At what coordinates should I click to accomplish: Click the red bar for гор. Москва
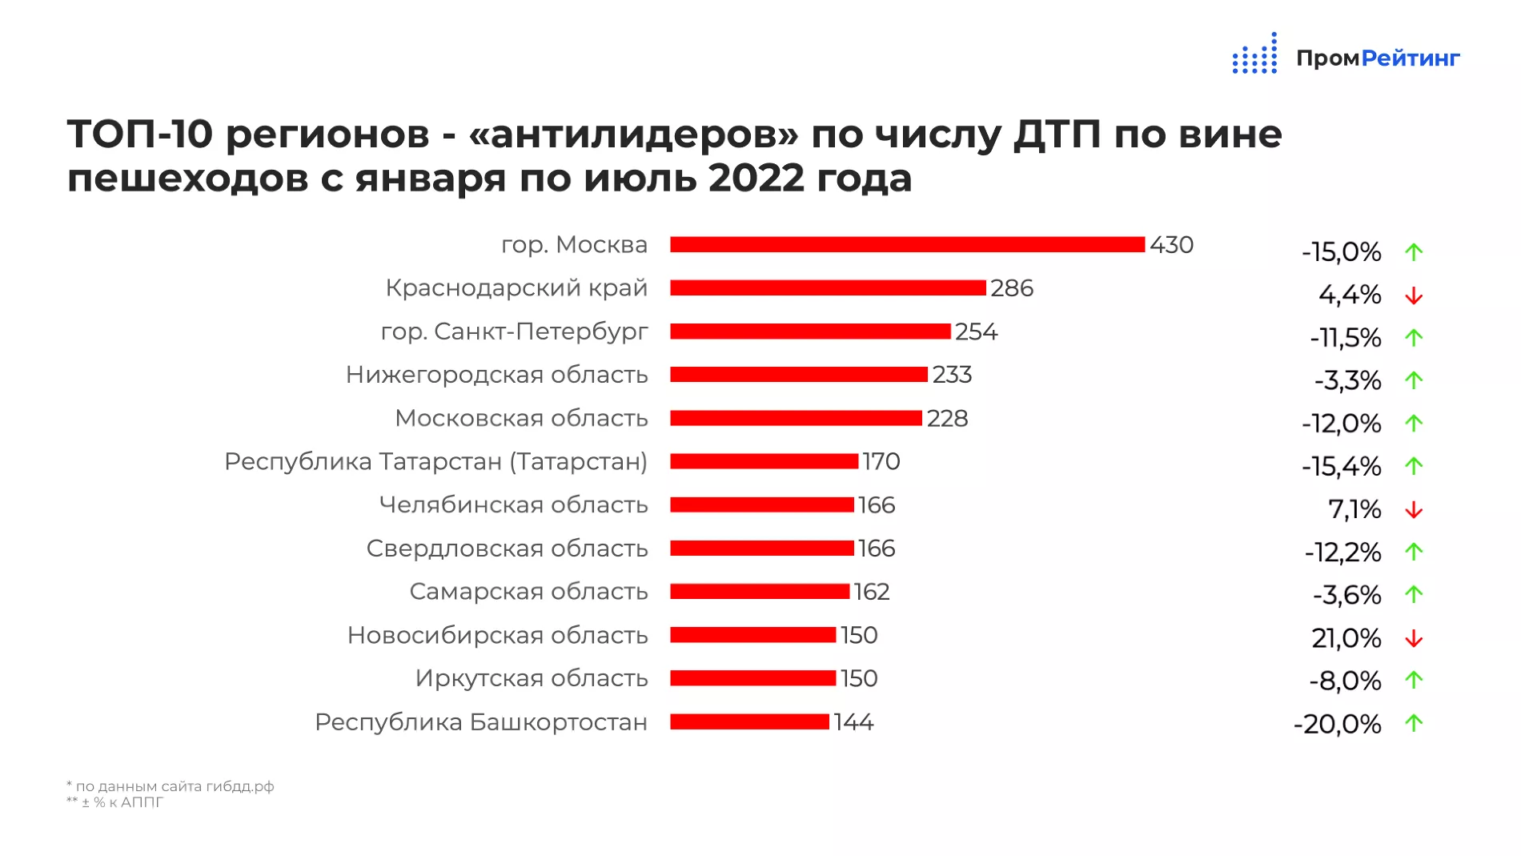(x=907, y=244)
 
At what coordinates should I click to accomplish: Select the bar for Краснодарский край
(x=828, y=287)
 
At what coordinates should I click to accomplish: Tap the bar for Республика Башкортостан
(x=749, y=721)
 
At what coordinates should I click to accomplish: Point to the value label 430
(x=1171, y=244)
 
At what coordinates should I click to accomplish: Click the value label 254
(x=976, y=332)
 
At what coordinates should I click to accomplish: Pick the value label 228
(x=947, y=418)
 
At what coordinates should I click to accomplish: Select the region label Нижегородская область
(x=496, y=375)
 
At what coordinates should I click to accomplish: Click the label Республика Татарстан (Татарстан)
(x=435, y=461)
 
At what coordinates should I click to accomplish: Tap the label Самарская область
(x=528, y=592)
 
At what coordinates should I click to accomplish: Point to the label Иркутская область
(x=531, y=678)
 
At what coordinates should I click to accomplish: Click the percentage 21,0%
(x=1346, y=638)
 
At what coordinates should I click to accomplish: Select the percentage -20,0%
(x=1337, y=724)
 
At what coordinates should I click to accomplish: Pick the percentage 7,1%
(x=1354, y=508)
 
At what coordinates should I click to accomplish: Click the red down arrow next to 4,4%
(x=1414, y=296)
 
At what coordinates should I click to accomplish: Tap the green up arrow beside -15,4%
(x=1414, y=466)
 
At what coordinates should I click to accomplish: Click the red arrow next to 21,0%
(x=1414, y=639)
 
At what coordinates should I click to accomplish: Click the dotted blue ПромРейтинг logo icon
(x=1254, y=54)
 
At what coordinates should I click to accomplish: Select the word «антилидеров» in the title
(x=633, y=134)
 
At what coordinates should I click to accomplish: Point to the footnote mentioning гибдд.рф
(x=171, y=786)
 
